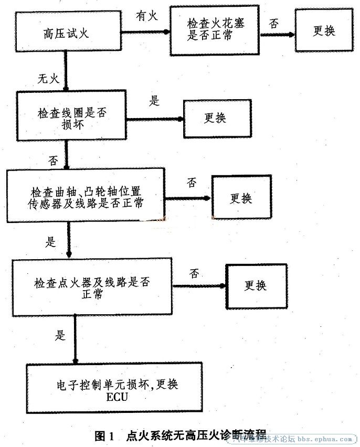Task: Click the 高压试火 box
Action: point(68,31)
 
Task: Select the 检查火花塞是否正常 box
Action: point(215,30)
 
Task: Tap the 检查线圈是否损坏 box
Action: point(71,116)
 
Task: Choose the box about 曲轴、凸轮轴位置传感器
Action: point(86,195)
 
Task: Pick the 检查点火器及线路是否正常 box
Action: point(92,287)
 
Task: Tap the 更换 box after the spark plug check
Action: point(324,30)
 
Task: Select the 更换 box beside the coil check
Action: point(217,119)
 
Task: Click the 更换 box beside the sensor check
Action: point(241,197)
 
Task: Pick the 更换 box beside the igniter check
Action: point(256,286)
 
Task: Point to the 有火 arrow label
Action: point(146,15)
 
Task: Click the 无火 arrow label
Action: point(48,78)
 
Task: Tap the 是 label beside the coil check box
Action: point(154,101)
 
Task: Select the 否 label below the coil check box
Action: point(53,161)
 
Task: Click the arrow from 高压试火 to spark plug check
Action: point(145,32)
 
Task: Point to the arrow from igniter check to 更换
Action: point(199,285)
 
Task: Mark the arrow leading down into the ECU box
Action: point(76,339)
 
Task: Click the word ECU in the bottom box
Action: point(117,397)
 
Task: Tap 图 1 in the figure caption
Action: point(104,436)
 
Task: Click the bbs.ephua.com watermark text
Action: point(325,439)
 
